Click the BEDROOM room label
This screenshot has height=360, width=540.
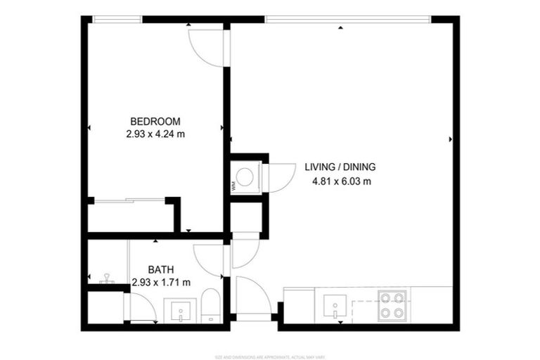(x=155, y=120)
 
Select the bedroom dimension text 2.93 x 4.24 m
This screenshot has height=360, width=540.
(x=155, y=134)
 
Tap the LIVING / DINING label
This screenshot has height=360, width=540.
(x=340, y=167)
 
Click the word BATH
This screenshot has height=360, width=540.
(x=161, y=269)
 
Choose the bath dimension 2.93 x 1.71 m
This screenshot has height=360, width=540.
(x=161, y=283)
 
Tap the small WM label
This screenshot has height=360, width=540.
(x=233, y=186)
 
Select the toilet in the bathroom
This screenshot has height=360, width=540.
(x=211, y=308)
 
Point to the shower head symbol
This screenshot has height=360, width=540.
(x=107, y=278)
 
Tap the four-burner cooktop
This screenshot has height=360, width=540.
(x=392, y=304)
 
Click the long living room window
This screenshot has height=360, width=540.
(x=344, y=19)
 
